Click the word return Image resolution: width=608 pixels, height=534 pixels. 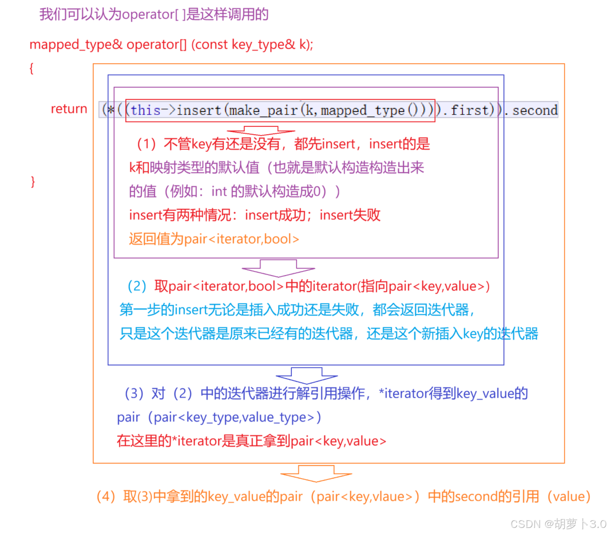point(69,109)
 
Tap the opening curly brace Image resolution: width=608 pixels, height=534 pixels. point(31,68)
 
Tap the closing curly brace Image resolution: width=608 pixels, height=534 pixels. point(33,181)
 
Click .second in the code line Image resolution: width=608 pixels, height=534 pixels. point(533,110)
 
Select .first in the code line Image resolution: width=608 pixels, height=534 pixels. point(467,110)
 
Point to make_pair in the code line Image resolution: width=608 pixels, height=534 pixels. point(263,110)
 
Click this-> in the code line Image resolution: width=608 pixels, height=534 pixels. point(153,110)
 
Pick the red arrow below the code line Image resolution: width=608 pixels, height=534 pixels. point(260,131)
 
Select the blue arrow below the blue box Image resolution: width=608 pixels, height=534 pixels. point(306,375)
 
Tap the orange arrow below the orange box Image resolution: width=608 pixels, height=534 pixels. point(316,473)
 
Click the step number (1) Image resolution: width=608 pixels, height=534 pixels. point(146,144)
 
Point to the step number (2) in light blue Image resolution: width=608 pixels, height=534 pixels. point(137,286)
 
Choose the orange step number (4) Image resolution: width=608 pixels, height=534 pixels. point(106,497)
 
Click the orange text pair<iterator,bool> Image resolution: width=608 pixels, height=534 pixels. point(241,239)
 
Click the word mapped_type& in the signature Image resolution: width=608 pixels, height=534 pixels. point(76,44)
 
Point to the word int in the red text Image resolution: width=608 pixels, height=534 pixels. point(219,191)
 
